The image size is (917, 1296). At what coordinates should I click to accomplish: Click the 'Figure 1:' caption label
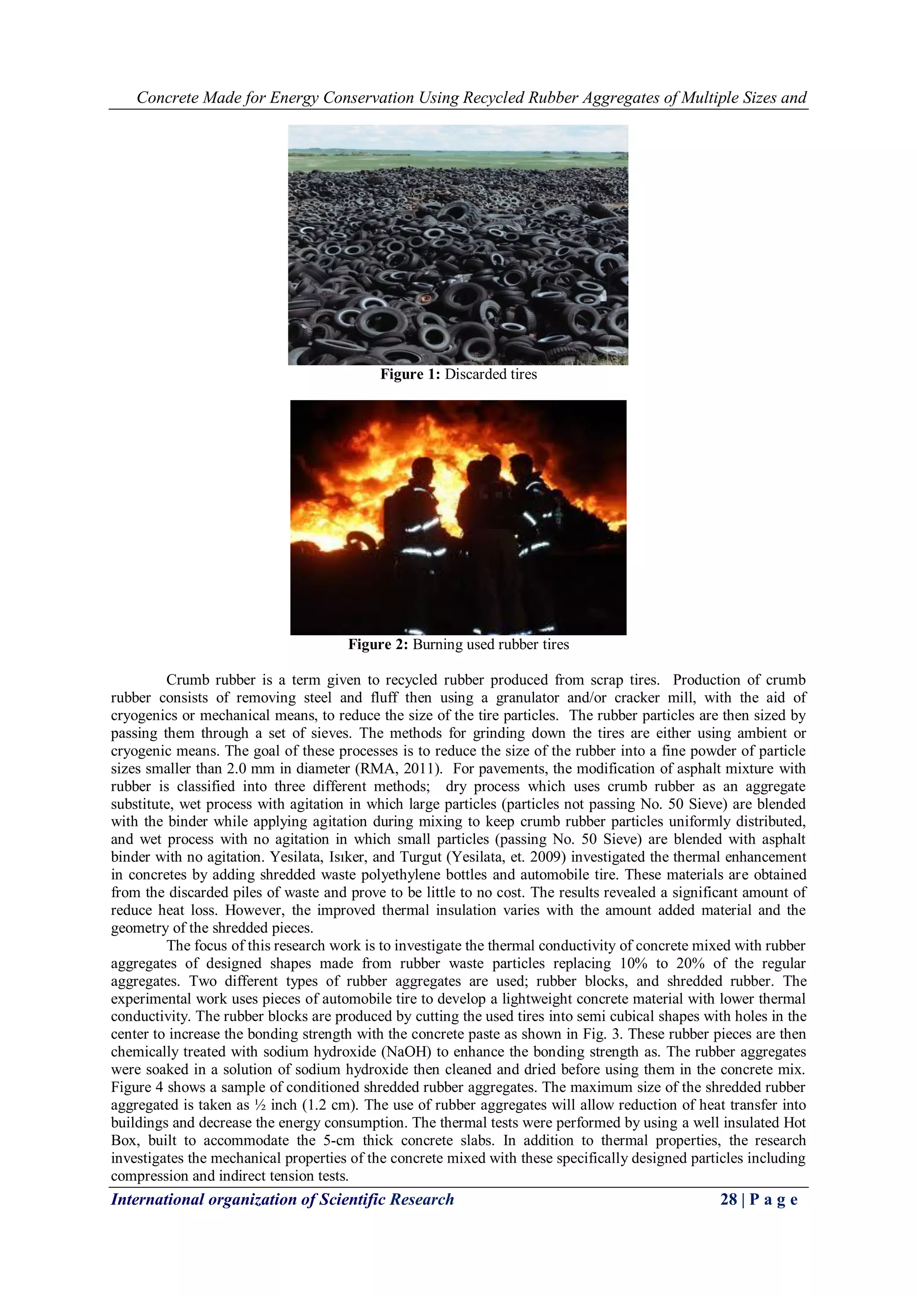[410, 374]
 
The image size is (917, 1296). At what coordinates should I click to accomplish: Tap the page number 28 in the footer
[728, 1199]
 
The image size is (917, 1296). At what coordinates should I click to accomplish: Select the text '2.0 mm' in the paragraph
[251, 769]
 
